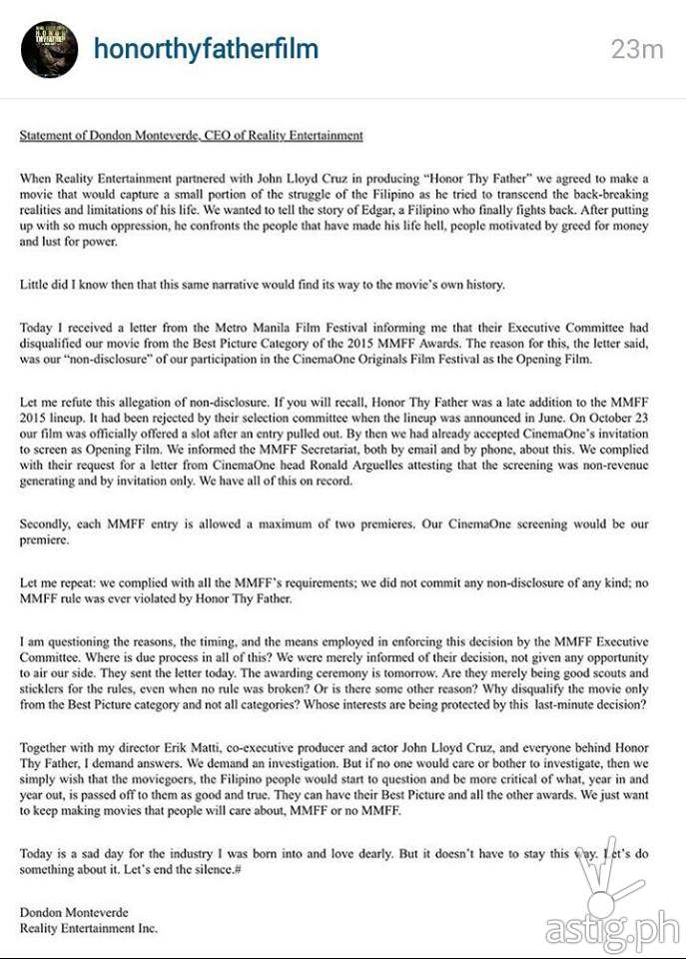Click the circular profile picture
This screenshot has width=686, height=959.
click(50, 50)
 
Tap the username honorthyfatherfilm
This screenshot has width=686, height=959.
click(206, 49)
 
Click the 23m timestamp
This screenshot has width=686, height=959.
click(637, 49)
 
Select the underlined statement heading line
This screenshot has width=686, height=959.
click(192, 135)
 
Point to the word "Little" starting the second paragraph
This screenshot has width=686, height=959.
click(35, 285)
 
